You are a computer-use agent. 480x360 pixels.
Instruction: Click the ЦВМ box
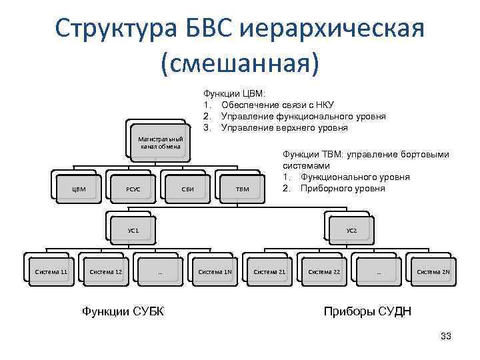(79, 189)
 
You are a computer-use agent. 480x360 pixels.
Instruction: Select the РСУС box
(133, 189)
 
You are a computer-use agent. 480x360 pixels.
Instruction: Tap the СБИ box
(188, 189)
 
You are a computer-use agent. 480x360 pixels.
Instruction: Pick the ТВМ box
(243, 189)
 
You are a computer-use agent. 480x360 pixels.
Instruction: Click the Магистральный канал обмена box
(160, 143)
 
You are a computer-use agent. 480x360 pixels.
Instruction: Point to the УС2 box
(352, 230)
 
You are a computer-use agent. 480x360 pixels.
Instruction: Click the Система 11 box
(51, 272)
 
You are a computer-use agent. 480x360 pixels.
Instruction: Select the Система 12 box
(105, 272)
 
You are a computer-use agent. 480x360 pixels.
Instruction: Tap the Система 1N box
(215, 272)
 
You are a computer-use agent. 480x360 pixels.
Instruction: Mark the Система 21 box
(269, 272)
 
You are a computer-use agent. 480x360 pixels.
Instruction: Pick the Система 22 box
(324, 272)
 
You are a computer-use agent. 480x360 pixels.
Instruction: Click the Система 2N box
(433, 272)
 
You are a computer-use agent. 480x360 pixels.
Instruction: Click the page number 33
(446, 336)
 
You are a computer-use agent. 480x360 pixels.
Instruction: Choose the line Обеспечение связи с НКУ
(277, 105)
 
